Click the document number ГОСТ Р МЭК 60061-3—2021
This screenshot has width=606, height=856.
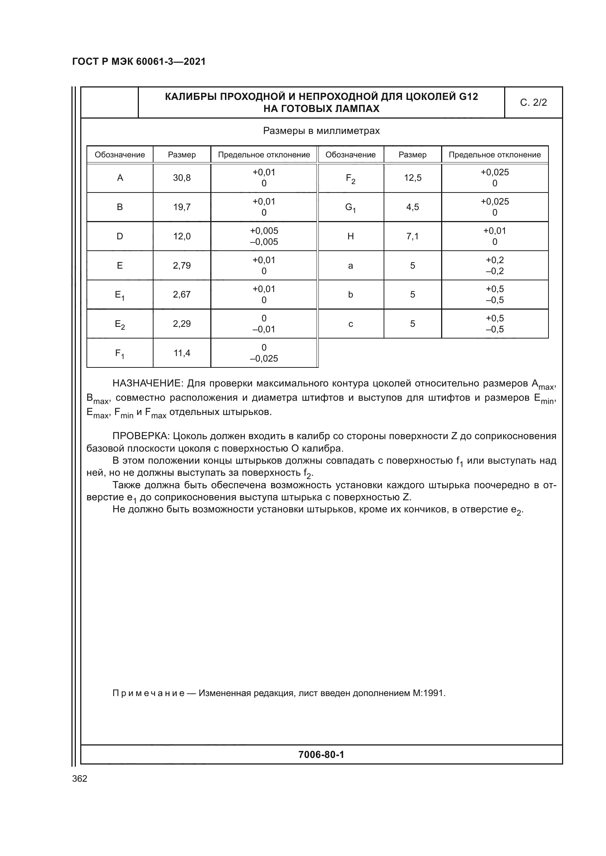click(139, 61)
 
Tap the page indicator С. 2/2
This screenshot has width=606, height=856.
click(533, 102)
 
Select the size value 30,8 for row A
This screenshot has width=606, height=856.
click(182, 178)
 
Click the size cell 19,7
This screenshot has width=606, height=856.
click(182, 207)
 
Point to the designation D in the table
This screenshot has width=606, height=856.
click(120, 236)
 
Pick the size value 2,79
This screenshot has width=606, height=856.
click(182, 265)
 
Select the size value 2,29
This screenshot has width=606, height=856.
click(182, 324)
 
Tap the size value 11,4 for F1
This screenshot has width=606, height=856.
click(182, 353)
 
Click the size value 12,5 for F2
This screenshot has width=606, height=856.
click(412, 178)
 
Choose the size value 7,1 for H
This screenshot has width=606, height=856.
click(412, 236)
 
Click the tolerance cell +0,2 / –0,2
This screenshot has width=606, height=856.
click(494, 265)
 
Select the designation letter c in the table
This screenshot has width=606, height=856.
click(350, 324)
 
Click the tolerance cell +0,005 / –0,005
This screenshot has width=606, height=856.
click(264, 236)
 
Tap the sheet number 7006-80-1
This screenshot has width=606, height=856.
click(321, 755)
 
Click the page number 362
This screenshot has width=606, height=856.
click(80, 778)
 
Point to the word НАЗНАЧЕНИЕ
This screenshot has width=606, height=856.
click(147, 383)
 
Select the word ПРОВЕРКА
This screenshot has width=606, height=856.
click(141, 436)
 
